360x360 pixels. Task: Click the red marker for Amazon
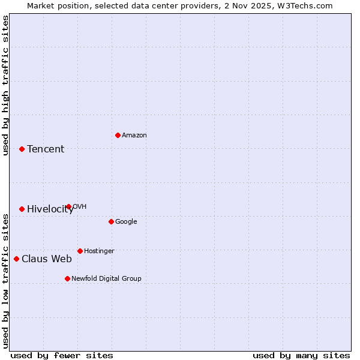click(x=118, y=135)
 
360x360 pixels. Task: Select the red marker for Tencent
click(x=22, y=149)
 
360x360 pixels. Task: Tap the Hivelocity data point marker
click(x=22, y=209)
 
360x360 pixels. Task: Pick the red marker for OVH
click(x=68, y=206)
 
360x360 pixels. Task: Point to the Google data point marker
click(x=111, y=221)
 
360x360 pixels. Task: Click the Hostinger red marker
click(x=80, y=251)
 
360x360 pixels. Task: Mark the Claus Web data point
click(x=16, y=259)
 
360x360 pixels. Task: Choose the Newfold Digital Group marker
click(x=67, y=278)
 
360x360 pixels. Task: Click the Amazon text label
click(x=134, y=136)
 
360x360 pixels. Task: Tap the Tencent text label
click(x=46, y=149)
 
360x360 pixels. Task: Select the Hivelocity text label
click(x=50, y=209)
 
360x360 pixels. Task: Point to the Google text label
click(x=126, y=222)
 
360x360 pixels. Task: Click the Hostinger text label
click(x=99, y=251)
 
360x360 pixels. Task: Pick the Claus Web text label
click(x=47, y=259)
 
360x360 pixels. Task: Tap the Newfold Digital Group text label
click(x=106, y=279)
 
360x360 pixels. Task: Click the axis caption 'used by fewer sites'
click(x=62, y=356)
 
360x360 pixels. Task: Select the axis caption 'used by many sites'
click(x=301, y=356)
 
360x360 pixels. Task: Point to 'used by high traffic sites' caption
click(x=6, y=85)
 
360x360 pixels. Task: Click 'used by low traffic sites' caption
click(x=6, y=280)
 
